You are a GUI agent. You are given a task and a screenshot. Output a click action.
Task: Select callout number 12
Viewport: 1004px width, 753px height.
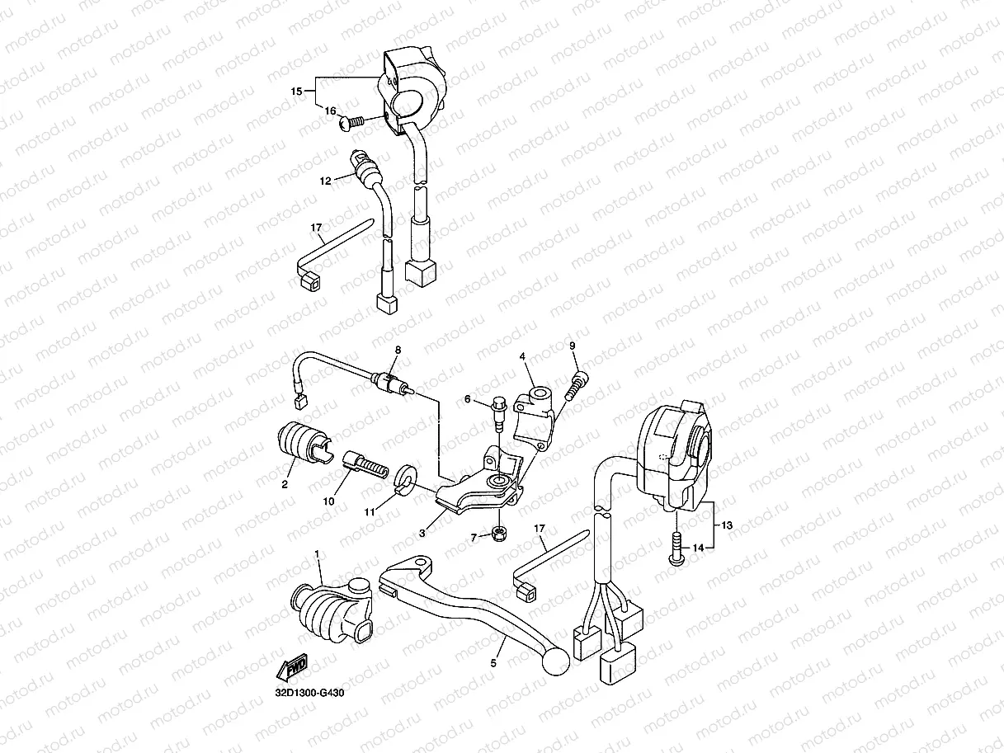325,179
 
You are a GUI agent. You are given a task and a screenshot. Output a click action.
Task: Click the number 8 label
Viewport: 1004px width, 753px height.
397,350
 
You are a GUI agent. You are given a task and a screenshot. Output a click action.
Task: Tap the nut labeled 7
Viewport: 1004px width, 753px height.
499,534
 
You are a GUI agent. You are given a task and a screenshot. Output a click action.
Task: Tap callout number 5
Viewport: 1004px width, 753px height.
494,661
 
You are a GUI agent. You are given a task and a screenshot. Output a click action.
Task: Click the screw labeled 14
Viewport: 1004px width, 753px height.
674,549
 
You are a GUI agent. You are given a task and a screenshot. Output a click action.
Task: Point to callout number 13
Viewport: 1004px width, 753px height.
726,525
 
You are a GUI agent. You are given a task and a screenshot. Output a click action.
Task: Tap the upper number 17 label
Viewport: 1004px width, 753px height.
315,227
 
